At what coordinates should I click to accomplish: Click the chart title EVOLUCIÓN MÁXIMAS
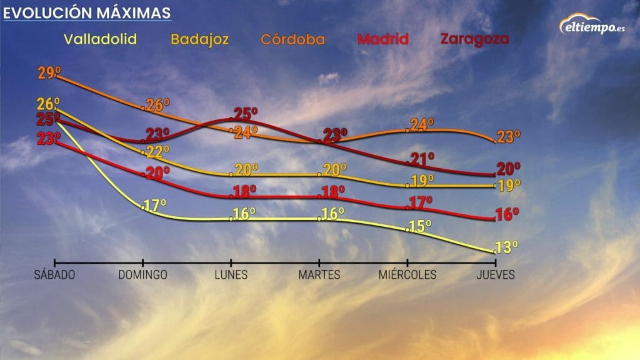click(87, 12)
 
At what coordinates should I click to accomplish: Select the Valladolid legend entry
click(99, 39)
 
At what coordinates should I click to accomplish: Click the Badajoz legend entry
click(200, 39)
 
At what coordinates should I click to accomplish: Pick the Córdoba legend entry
click(293, 39)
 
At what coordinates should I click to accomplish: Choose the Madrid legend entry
click(382, 39)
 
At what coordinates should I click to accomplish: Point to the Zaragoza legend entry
click(474, 39)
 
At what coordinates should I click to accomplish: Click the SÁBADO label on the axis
click(54, 275)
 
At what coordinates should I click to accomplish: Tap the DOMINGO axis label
click(143, 275)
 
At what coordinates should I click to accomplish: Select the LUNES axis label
click(231, 275)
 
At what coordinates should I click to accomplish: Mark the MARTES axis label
click(319, 275)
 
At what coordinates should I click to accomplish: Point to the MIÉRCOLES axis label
click(407, 275)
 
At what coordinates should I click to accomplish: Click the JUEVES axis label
click(495, 275)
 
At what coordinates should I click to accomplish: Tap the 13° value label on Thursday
click(507, 247)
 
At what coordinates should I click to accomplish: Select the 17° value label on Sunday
click(156, 204)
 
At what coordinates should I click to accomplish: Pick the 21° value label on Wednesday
click(422, 159)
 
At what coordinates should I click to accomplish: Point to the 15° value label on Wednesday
click(420, 226)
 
